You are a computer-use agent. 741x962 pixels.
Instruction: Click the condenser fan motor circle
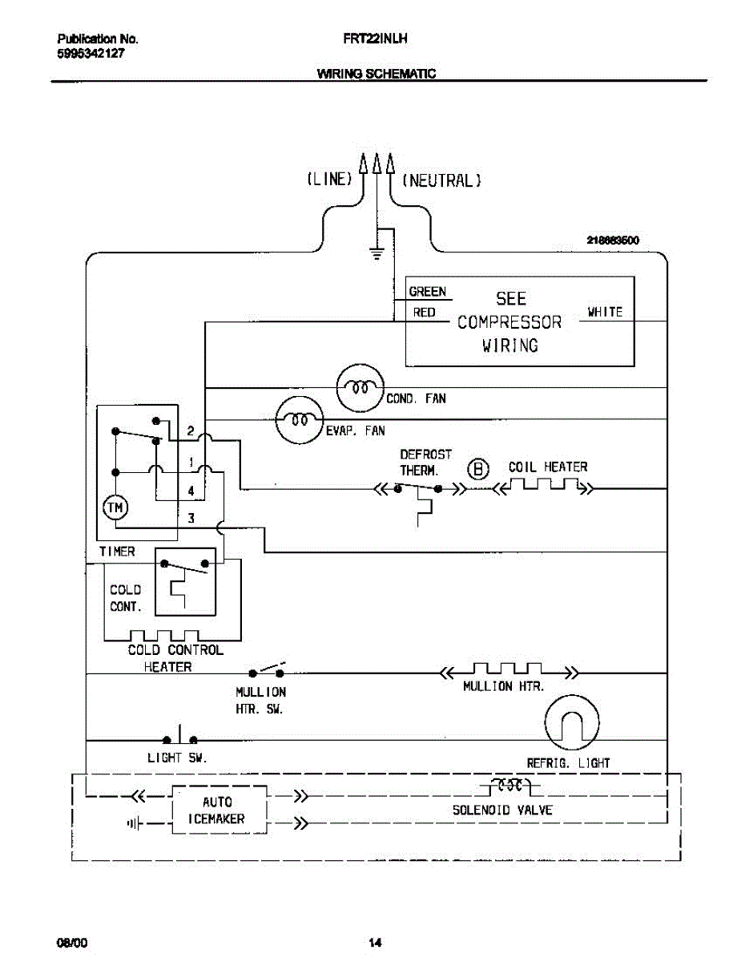pos(360,388)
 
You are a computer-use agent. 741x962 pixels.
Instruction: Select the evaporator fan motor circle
pos(300,419)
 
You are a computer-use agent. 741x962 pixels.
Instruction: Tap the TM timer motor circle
pos(115,507)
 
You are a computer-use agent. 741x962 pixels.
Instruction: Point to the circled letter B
pos(478,469)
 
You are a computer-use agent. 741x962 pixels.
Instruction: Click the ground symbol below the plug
pos(377,253)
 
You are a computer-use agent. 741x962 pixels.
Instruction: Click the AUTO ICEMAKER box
pos(219,810)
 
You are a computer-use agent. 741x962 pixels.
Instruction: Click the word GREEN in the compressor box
pos(427,292)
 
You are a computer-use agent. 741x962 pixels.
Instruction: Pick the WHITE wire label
pos(605,312)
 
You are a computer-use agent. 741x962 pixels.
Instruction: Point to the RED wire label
pos(425,313)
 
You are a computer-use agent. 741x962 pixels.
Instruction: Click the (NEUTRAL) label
pos(441,180)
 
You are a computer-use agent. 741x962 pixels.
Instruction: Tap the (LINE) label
pos(330,179)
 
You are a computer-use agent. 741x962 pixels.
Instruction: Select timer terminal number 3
pos(191,518)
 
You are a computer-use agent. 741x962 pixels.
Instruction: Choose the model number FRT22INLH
pos(375,39)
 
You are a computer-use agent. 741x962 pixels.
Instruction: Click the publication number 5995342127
pos(91,54)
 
